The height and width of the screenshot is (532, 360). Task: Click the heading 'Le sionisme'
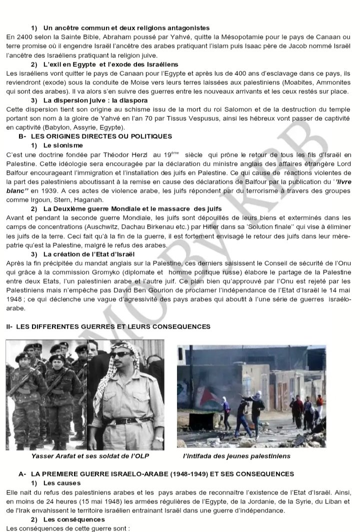click(x=62, y=145)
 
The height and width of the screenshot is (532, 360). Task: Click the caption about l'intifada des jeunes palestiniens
click(x=236, y=456)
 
